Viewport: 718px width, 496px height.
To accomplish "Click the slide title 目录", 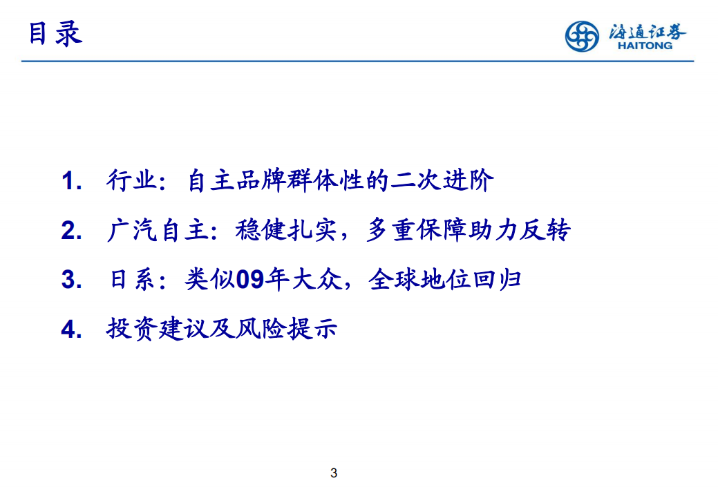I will pyautogui.click(x=55, y=32).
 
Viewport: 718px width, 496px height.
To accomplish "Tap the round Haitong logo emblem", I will pyautogui.click(x=583, y=35).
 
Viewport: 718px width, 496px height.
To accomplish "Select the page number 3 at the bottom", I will pyautogui.click(x=334, y=473).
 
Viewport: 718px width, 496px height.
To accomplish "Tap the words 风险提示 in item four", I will pyautogui.click(x=292, y=329).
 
